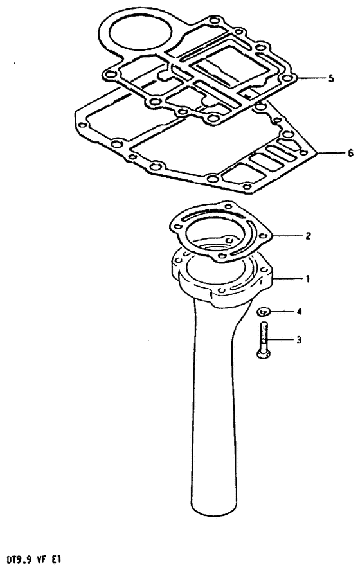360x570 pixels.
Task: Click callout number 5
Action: pyautogui.click(x=330, y=78)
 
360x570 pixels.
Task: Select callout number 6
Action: pyautogui.click(x=350, y=154)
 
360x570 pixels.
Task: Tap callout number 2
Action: pyautogui.click(x=308, y=236)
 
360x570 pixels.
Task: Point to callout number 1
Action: pyautogui.click(x=308, y=279)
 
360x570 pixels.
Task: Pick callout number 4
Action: pyautogui.click(x=300, y=312)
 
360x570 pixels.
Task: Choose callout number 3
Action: pyautogui.click(x=299, y=340)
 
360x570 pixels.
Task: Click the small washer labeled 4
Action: pyautogui.click(x=263, y=311)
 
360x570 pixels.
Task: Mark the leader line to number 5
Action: pyautogui.click(x=310, y=78)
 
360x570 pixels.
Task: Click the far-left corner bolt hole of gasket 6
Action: pyautogui.click(x=82, y=125)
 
